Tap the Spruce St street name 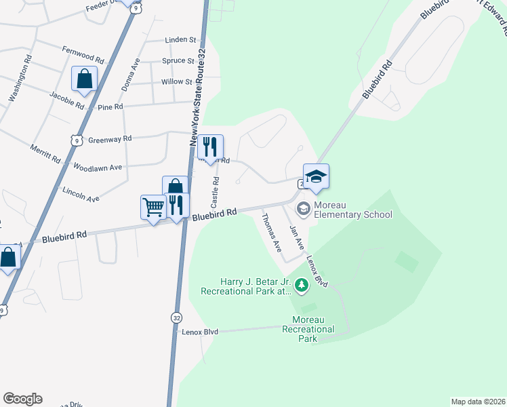coord(178,61)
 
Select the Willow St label coord(177,82)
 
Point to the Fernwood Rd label coord(83,55)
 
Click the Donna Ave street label coord(130,75)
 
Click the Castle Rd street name coord(216,192)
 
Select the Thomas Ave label coord(272,232)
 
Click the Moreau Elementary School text coord(352,215)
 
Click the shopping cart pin coord(153,207)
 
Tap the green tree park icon coord(302,288)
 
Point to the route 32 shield coord(176,317)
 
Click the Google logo coord(22,399)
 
